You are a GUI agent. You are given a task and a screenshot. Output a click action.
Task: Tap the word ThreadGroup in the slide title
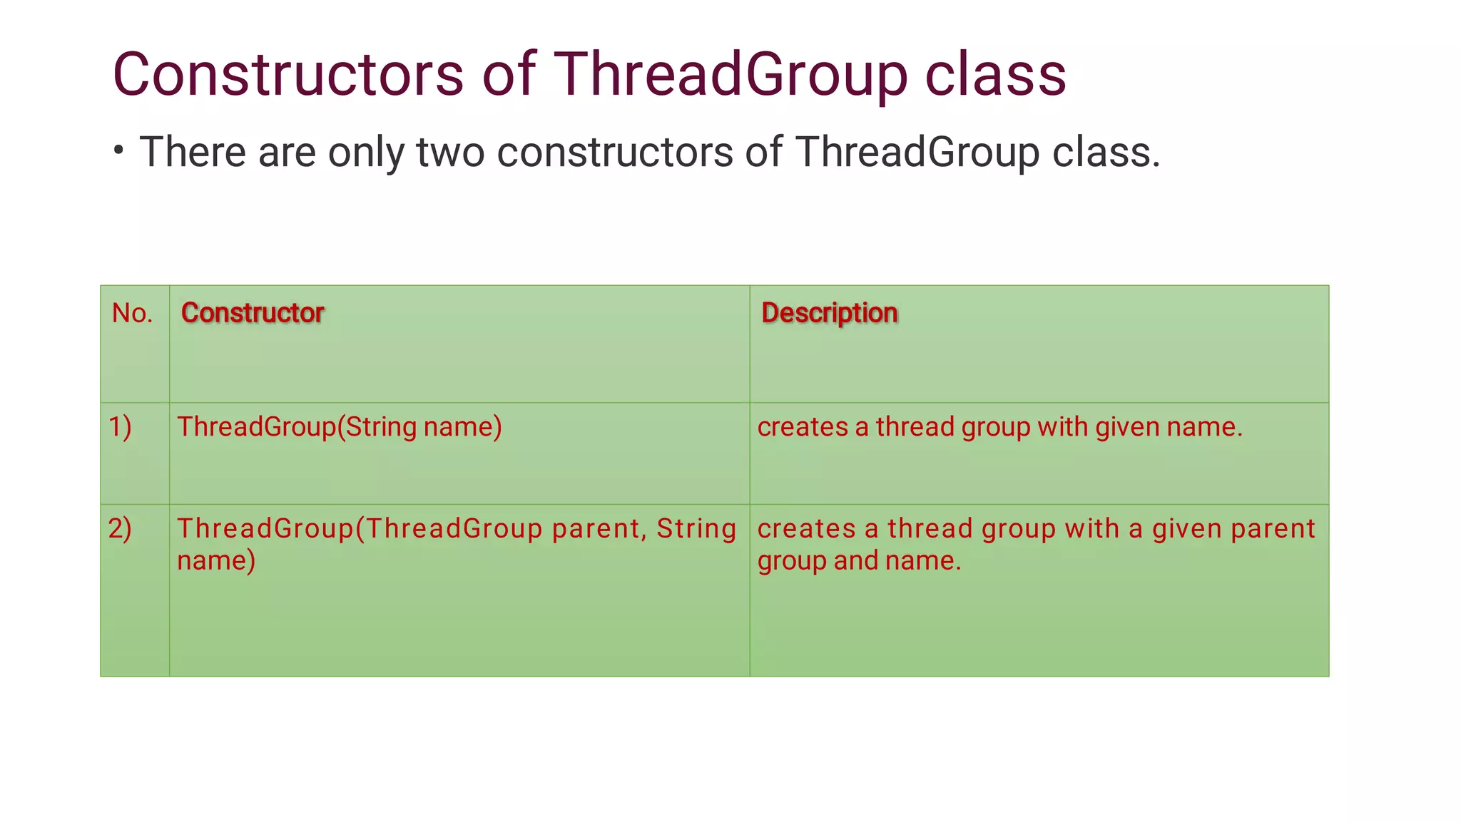click(x=730, y=74)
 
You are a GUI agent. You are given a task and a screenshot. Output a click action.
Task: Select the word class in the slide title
click(x=995, y=74)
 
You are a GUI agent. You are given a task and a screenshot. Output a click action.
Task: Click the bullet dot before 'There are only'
click(x=118, y=150)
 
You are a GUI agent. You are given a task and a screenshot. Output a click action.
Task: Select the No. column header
click(x=133, y=313)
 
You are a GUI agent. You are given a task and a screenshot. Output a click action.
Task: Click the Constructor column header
click(x=253, y=313)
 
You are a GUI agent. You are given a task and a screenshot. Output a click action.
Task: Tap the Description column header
click(x=829, y=313)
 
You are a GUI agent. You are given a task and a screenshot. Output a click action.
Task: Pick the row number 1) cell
click(x=120, y=427)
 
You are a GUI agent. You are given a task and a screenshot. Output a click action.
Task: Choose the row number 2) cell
click(x=120, y=529)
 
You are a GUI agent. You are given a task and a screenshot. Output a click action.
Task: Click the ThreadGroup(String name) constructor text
click(x=340, y=427)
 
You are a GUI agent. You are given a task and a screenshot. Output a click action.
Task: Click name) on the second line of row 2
click(x=216, y=560)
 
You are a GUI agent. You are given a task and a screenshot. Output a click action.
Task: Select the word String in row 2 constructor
click(x=696, y=529)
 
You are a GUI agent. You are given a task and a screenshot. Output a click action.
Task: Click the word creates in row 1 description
click(x=803, y=427)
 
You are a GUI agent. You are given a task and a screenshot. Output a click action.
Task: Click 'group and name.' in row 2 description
click(x=859, y=561)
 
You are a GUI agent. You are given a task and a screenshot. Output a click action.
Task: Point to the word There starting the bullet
click(x=193, y=153)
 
